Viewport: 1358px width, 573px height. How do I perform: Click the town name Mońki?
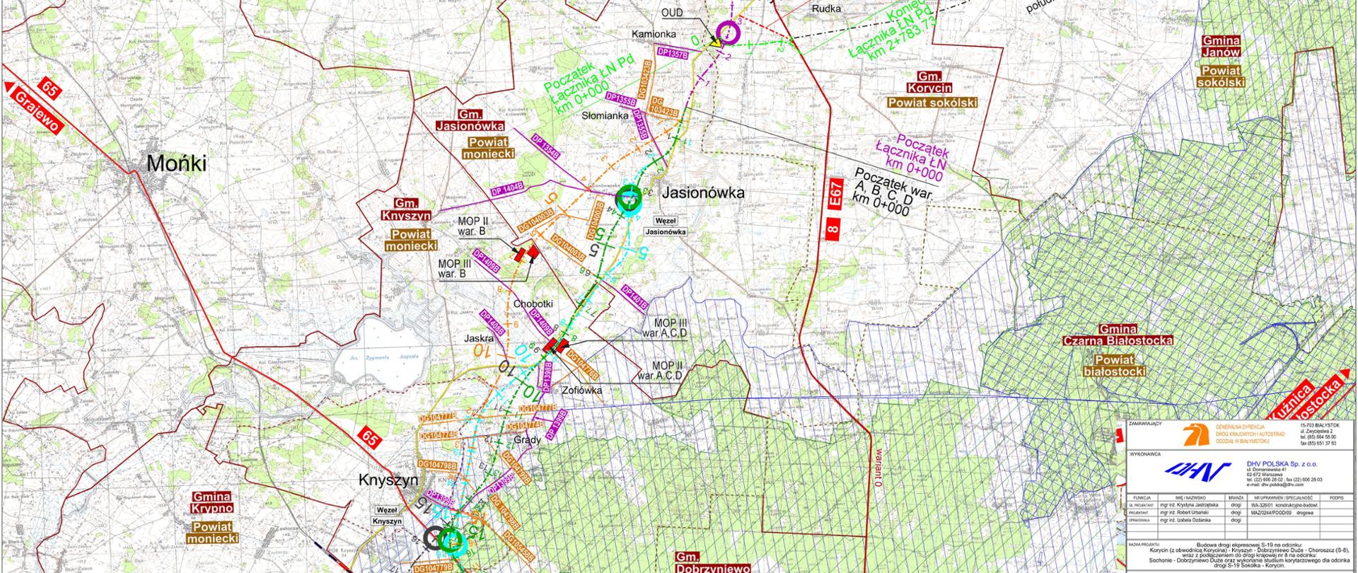pos(176,164)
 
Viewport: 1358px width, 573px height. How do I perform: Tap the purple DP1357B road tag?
pos(672,52)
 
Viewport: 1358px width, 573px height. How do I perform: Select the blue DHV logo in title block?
pos(1190,469)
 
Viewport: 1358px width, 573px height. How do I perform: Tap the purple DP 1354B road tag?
pos(545,146)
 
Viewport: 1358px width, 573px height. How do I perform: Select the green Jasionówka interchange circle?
pos(627,199)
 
